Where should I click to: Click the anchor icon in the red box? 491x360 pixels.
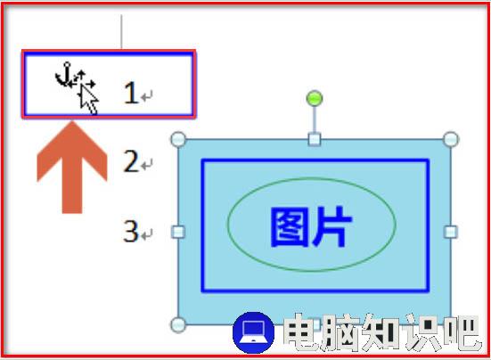tap(63, 75)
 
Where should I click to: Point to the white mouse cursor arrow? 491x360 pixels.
tap(88, 100)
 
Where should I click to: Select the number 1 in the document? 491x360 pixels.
tap(131, 93)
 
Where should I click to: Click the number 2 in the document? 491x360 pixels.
tap(131, 161)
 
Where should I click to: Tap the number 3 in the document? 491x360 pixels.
tap(131, 231)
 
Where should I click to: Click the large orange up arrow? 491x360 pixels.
tap(72, 168)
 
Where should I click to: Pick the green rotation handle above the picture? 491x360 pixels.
tap(315, 98)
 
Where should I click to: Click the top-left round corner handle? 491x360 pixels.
tap(178, 139)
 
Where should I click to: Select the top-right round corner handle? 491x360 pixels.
tap(451, 139)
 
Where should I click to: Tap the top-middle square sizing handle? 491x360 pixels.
tap(315, 139)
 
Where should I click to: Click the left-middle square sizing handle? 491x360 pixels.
tap(178, 232)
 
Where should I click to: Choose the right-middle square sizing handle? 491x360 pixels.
tap(451, 232)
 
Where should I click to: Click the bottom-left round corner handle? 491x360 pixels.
tap(178, 324)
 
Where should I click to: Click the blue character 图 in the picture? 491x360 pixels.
tap(287, 227)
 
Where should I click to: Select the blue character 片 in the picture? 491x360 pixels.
tap(331, 227)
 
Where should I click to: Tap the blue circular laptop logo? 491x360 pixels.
tap(254, 332)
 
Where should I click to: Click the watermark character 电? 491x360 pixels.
tap(301, 331)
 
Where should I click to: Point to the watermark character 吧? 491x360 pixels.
tap(461, 331)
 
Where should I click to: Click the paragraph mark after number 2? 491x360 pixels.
tap(147, 165)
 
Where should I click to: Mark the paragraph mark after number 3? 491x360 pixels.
tap(147, 234)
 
